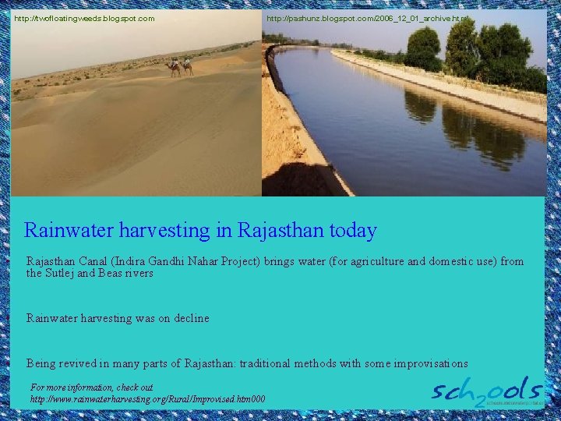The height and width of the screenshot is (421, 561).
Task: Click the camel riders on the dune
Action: coord(181,67)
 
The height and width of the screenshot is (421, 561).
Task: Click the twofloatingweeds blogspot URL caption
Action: coord(84,18)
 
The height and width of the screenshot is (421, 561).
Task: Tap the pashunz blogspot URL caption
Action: coord(368,18)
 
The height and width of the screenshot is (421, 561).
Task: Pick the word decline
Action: coord(190,318)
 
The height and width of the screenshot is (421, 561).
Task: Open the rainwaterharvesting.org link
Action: coord(147,399)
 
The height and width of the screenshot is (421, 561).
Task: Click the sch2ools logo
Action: coord(487,391)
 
